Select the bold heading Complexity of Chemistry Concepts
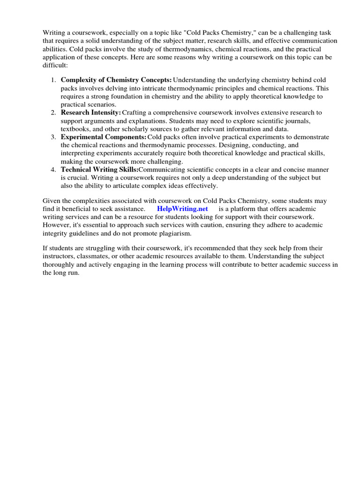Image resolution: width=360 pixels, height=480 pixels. (x=116, y=80)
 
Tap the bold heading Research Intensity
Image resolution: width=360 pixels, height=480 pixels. (x=91, y=112)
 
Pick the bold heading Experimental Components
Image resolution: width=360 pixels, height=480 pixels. (x=104, y=137)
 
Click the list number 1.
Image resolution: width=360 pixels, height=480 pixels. (x=53, y=80)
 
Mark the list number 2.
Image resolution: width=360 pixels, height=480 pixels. (x=53, y=112)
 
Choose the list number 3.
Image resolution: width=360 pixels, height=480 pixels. (x=53, y=137)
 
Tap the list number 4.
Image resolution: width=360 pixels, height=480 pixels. (x=53, y=169)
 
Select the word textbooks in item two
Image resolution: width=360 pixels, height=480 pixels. (x=75, y=129)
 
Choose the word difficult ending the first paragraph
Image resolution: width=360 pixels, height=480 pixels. (x=55, y=66)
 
